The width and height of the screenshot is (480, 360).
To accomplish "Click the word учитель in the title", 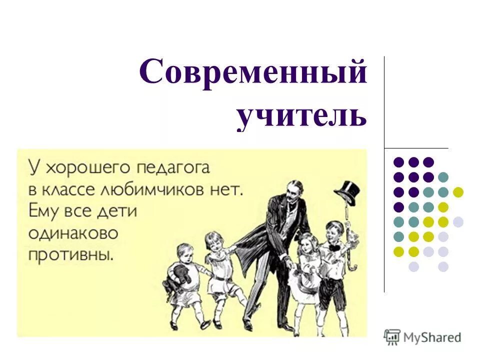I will coord(301,117).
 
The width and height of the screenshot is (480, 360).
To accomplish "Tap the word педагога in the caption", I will coord(175,167).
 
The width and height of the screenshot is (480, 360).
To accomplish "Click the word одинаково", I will coord(73,233).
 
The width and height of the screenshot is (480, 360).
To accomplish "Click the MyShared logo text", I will coord(433,337).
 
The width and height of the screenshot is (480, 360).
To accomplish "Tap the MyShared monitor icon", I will coord(392,337).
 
